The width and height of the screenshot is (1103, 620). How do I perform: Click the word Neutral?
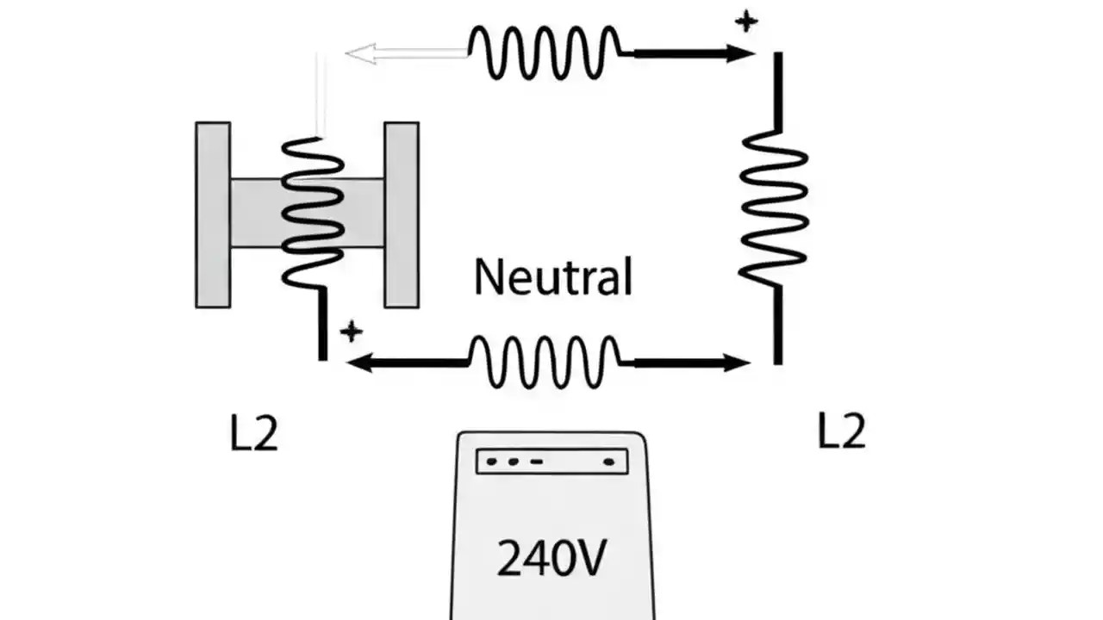[553, 276]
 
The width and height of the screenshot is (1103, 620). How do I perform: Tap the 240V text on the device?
[551, 558]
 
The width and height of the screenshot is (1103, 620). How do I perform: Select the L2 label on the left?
[254, 435]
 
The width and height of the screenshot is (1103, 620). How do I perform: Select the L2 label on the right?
[841, 431]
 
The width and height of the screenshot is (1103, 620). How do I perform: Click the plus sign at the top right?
[746, 22]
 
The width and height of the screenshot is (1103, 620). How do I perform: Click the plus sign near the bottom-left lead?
[351, 332]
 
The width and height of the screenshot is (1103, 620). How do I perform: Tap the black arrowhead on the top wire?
[739, 53]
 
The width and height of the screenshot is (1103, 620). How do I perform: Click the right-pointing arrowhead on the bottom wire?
[737, 363]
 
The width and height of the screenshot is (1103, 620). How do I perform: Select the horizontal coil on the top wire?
[545, 53]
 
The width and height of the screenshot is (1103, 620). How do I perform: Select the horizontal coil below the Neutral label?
[545, 362]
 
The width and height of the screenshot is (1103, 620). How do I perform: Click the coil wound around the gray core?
[313, 212]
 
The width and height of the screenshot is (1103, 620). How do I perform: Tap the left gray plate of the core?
[213, 214]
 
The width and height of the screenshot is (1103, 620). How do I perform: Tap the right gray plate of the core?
[402, 214]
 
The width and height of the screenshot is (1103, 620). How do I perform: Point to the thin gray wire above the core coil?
[319, 95]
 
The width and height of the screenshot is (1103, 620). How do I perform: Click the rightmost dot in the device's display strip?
[609, 462]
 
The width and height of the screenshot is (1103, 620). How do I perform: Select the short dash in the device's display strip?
[536, 462]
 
